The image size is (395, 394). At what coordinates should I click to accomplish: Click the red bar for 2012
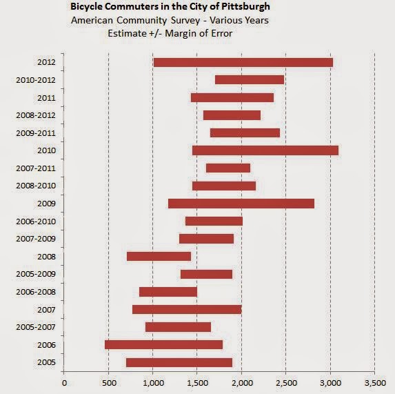(243, 63)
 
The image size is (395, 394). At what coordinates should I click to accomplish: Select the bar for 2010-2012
(250, 80)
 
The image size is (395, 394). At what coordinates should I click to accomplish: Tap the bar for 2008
(159, 257)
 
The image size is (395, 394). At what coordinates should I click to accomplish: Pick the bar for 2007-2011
(228, 168)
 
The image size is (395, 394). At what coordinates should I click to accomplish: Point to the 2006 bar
(164, 344)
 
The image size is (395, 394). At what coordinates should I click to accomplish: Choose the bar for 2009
(241, 204)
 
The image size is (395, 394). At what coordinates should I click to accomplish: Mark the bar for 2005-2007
(178, 327)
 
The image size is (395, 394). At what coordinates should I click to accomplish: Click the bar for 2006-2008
(168, 292)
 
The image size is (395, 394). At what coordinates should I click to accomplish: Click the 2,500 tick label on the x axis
(286, 383)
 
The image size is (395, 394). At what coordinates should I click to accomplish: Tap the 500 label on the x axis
(109, 383)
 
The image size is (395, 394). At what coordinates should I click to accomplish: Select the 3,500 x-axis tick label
(375, 383)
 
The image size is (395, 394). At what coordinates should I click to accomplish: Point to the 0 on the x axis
(65, 383)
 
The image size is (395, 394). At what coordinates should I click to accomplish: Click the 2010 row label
(46, 150)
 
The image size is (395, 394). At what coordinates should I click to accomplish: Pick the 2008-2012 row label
(36, 115)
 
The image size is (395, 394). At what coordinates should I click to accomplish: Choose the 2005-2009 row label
(36, 274)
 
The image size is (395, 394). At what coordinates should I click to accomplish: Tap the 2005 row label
(46, 362)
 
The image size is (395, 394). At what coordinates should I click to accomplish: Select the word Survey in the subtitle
(185, 20)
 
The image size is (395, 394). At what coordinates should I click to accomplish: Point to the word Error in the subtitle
(222, 33)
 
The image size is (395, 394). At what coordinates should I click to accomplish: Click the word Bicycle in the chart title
(86, 6)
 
